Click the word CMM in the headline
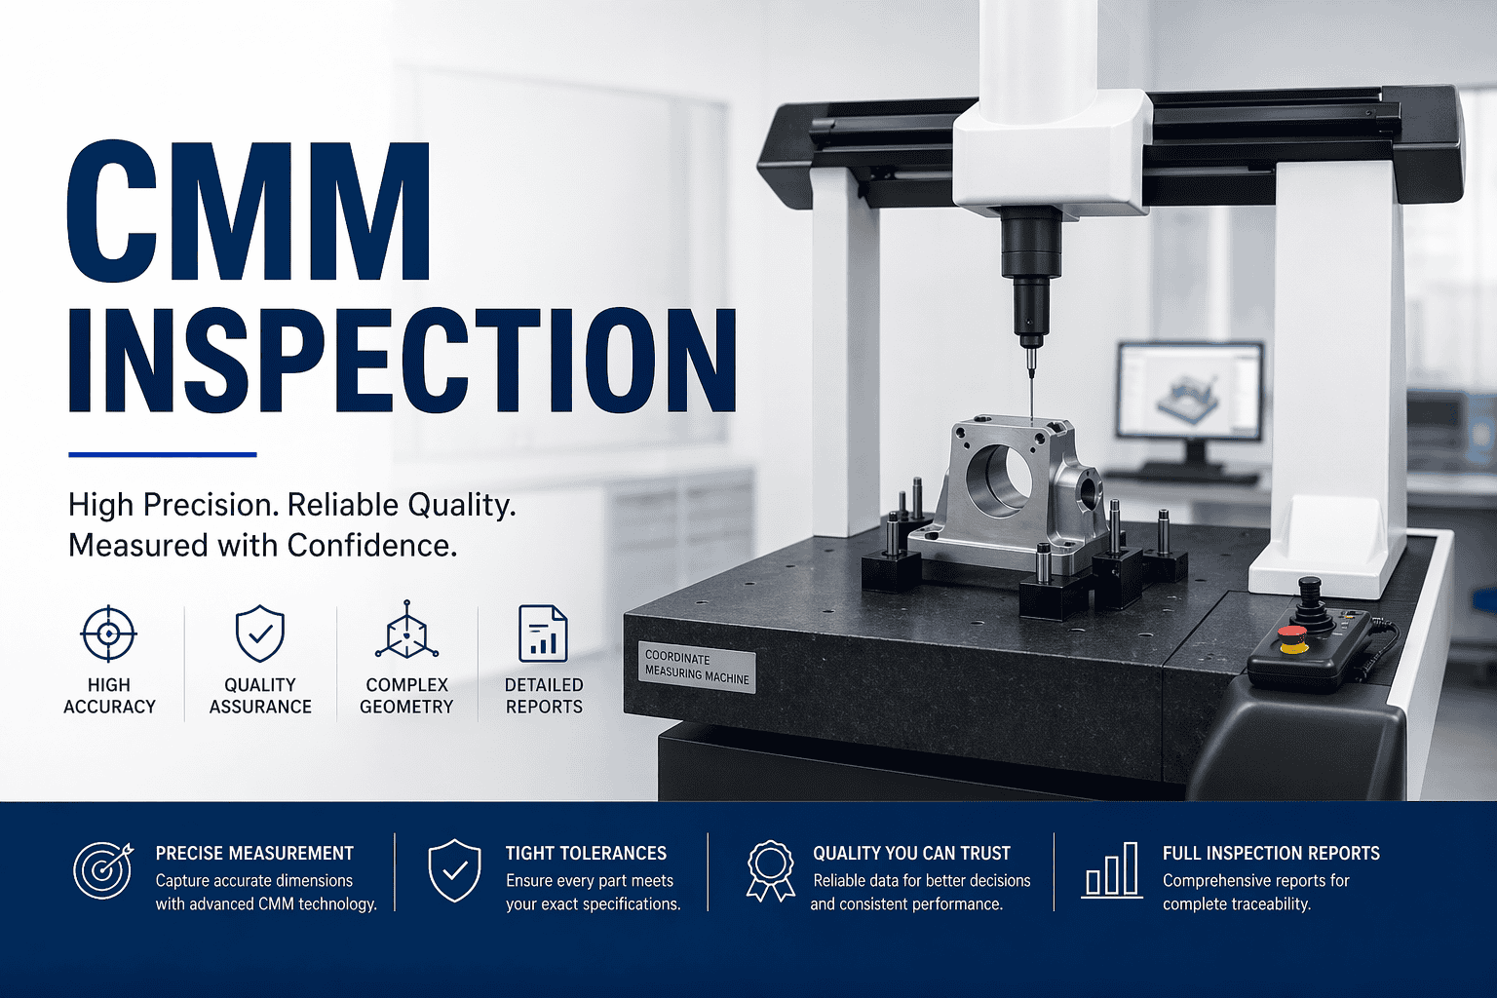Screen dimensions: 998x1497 249,212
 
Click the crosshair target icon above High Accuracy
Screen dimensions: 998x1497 109,633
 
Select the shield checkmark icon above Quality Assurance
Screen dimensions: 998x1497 260,633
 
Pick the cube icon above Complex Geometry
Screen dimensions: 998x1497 406,632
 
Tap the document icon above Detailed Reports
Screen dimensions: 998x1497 543,633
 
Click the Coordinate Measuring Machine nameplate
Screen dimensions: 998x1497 697,666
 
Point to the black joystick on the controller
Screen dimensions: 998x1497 1309,596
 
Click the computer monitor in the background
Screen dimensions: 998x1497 1189,390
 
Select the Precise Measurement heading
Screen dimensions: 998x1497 254,854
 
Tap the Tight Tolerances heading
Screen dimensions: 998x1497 586,854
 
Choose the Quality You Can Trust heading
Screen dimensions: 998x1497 911,854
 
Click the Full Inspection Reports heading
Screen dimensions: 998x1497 1271,854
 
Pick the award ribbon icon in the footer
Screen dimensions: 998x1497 770,869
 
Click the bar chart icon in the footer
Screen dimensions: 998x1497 1112,869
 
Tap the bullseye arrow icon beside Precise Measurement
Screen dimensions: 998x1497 102,869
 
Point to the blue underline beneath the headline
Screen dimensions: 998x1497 162,454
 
